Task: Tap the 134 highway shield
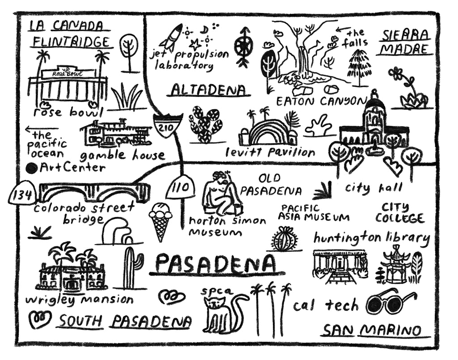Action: (x=21, y=194)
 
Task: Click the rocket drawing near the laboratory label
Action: (x=173, y=37)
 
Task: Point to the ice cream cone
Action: (x=161, y=221)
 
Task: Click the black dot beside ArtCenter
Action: (x=32, y=168)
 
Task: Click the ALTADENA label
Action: (x=209, y=90)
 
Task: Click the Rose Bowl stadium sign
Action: (x=68, y=73)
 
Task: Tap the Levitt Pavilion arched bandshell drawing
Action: (x=267, y=131)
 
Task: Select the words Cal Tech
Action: (x=326, y=305)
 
